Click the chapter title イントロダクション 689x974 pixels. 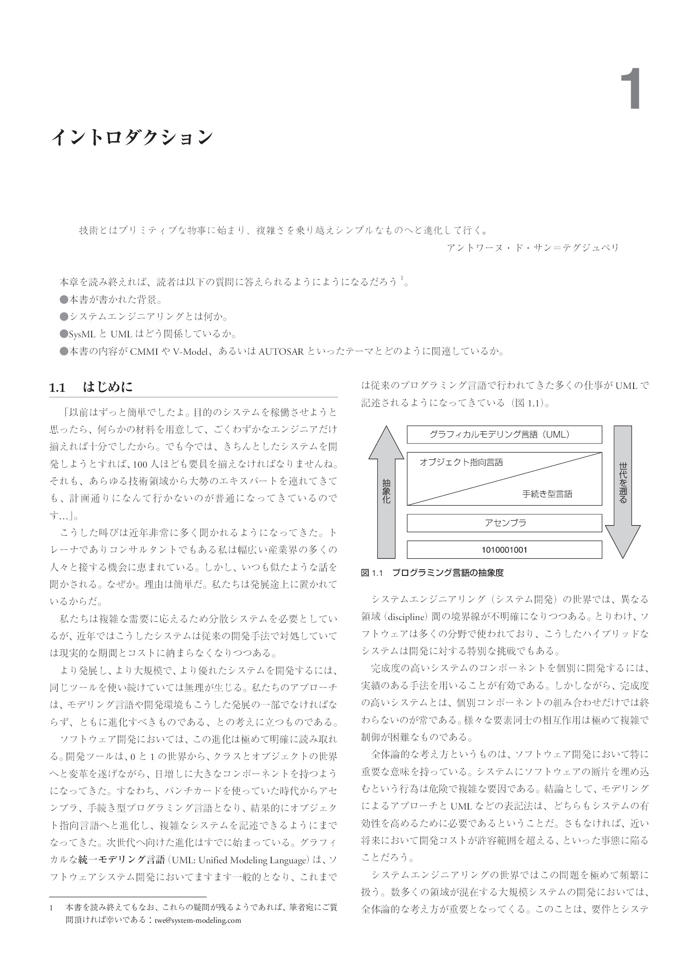(x=132, y=137)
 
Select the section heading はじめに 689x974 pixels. (x=108, y=387)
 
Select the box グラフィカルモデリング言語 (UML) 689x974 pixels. (x=504, y=434)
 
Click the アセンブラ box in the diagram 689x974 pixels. (x=504, y=523)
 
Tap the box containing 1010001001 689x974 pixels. (x=504, y=550)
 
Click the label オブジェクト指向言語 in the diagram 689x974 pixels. (x=461, y=462)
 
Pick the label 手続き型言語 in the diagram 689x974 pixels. (x=547, y=494)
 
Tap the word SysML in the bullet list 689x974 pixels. (x=82, y=334)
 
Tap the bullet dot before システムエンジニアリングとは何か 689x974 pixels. (x=64, y=317)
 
